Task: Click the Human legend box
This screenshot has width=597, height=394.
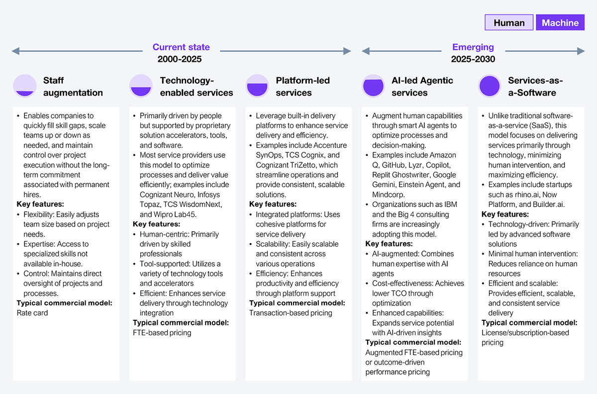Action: pyautogui.click(x=509, y=22)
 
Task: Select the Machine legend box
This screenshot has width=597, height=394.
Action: pyautogui.click(x=560, y=22)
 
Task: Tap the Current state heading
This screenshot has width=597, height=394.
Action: pyautogui.click(x=181, y=47)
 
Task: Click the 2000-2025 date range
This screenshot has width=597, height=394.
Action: pyautogui.click(x=180, y=59)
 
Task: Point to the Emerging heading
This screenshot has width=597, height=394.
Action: pyautogui.click(x=473, y=47)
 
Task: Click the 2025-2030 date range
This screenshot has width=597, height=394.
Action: pyautogui.click(x=473, y=59)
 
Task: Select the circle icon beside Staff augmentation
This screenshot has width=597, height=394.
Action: pyautogui.click(x=25, y=86)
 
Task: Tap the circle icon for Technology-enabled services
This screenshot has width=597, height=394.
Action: pyautogui.click(x=141, y=86)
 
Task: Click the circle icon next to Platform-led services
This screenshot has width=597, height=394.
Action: pyautogui.click(x=257, y=86)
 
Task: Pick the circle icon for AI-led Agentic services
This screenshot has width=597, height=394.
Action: pyautogui.click(x=374, y=86)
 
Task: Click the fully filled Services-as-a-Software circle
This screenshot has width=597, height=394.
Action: pyautogui.click(x=490, y=86)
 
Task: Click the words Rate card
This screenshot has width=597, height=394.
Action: pyautogui.click(x=32, y=313)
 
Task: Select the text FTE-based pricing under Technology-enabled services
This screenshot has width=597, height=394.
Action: pyautogui.click(x=162, y=333)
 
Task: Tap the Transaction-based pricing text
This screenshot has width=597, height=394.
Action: pyautogui.click(x=291, y=313)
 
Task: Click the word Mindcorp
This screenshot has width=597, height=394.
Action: pyautogui.click(x=388, y=194)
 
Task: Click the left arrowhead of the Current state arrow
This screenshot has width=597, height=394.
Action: pyautogui.click(x=15, y=51)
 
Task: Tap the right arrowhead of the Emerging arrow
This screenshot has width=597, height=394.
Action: pyautogui.click(x=581, y=51)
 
